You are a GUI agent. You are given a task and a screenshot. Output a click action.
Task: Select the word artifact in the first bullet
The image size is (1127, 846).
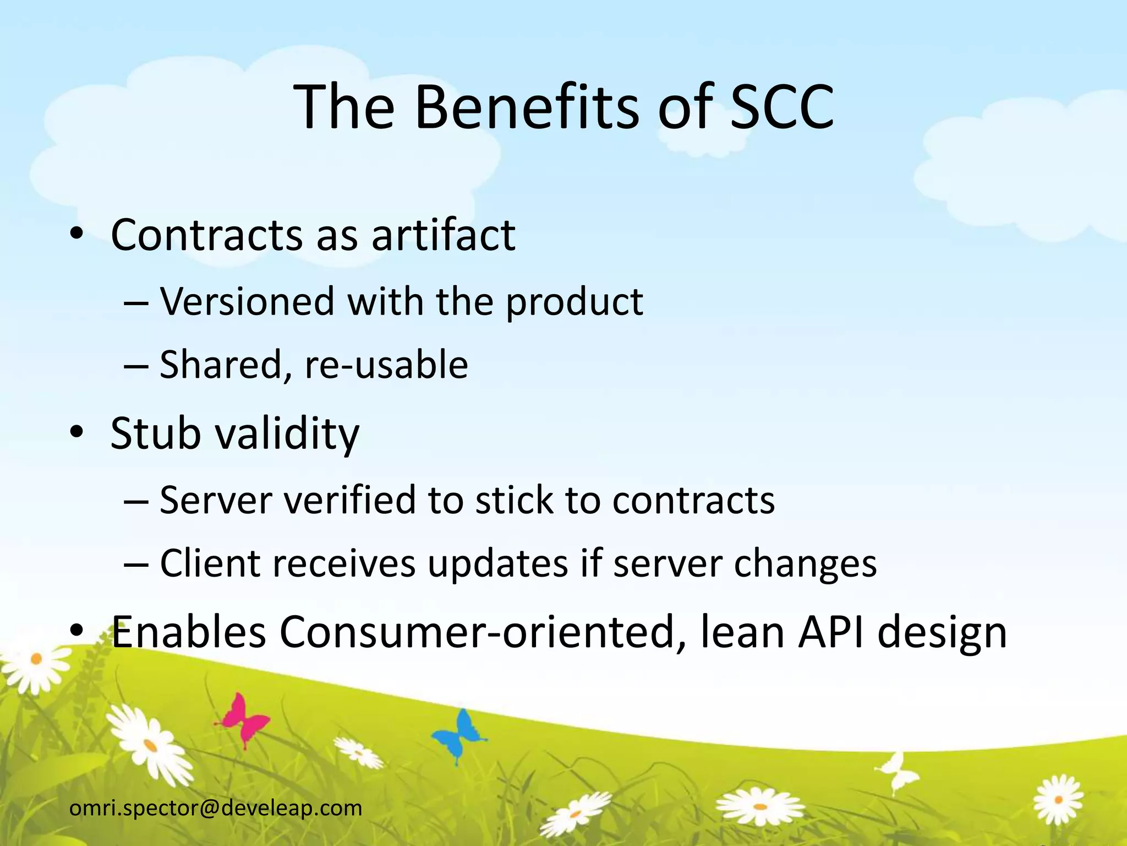pos(444,236)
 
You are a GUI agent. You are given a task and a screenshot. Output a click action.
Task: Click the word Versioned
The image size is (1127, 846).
pos(247,302)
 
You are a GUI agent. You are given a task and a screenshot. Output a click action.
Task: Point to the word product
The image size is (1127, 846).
pos(574,303)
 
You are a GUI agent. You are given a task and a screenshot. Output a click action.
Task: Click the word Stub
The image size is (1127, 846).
pos(156,433)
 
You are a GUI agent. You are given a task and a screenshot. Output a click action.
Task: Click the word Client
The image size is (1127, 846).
pos(210,563)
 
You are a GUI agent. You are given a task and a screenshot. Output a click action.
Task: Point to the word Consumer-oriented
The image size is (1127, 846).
pos(477,632)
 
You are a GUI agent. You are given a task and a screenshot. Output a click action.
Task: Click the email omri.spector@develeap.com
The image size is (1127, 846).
pos(216,808)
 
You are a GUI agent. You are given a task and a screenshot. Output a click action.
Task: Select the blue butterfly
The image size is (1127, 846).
pos(459,734)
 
